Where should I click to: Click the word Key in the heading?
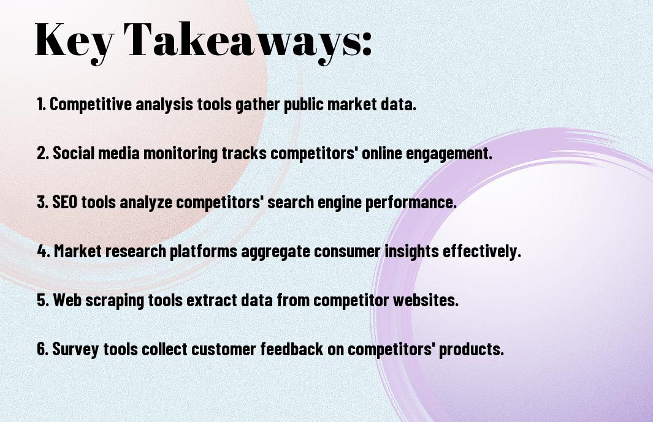click(x=74, y=40)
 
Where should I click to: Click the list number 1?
click(x=41, y=104)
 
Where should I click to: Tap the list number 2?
click(x=42, y=153)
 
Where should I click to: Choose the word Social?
click(x=75, y=153)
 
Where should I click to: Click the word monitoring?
click(x=180, y=153)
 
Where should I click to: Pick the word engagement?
click(x=449, y=153)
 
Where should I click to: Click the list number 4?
click(x=44, y=251)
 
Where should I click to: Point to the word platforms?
click(x=203, y=251)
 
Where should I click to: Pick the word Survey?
click(x=75, y=349)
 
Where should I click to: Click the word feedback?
click(x=292, y=349)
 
